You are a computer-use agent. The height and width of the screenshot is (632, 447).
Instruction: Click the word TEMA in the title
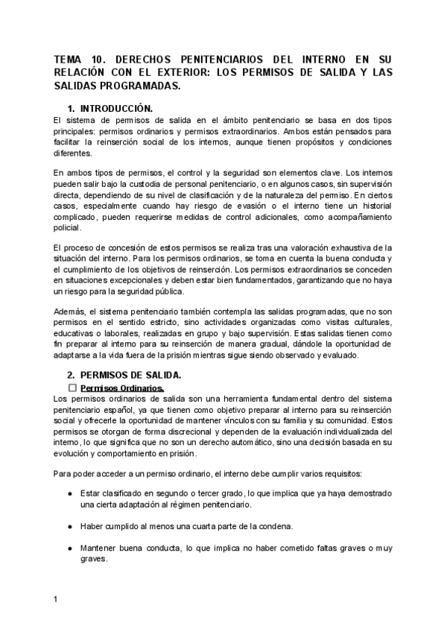[71, 59]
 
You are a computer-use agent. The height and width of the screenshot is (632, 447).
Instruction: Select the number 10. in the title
[110, 59]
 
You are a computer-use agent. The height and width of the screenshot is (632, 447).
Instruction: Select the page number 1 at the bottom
[56, 598]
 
